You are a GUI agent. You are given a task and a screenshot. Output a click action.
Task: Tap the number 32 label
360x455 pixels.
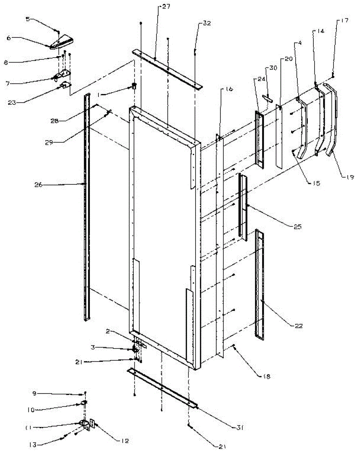207,23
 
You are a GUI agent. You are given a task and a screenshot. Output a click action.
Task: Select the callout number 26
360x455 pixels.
38,185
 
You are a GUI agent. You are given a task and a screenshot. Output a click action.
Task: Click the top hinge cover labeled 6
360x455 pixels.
63,42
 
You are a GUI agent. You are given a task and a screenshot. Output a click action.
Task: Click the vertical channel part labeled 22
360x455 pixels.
260,284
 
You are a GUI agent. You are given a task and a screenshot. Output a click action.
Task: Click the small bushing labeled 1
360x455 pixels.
134,86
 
